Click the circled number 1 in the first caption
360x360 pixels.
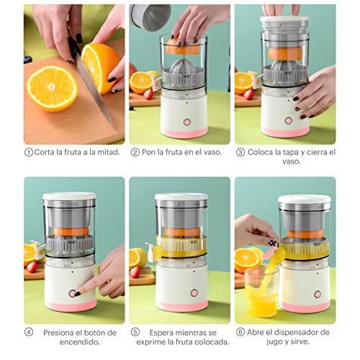[29, 153]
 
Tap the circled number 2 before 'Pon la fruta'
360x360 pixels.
[135, 153]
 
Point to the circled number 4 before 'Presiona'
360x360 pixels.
[29, 332]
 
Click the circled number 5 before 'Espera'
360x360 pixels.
[135, 332]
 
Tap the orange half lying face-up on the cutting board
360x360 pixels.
[51, 88]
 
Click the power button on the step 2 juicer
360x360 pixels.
[186, 122]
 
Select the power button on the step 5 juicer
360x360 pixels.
[194, 293]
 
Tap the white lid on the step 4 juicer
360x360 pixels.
[69, 197]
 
